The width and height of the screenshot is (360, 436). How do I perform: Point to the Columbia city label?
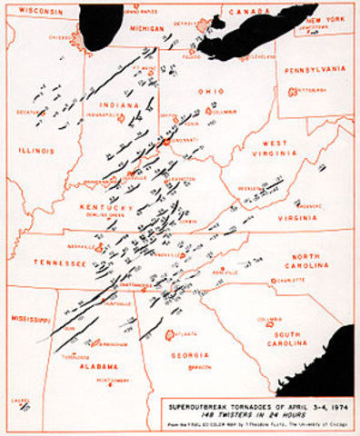pos(268,319)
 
